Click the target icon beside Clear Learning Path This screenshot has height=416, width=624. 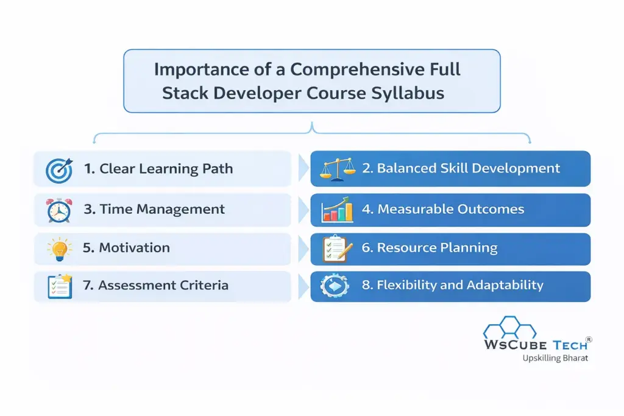59,170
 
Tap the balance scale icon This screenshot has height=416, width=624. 338,169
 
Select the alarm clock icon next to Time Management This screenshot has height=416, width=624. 59,210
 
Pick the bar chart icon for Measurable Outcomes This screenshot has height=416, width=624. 337,209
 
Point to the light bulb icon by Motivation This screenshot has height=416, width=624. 60,249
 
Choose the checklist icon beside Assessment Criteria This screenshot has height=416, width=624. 60,286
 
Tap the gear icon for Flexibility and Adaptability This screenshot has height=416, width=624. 335,286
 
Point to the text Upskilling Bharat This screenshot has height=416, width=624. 555,358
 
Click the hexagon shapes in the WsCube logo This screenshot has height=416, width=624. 510,327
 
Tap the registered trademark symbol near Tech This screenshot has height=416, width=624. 589,339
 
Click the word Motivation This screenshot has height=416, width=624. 134,248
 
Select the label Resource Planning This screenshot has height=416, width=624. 437,248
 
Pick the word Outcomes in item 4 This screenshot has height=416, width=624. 491,209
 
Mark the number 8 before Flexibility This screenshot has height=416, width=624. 366,285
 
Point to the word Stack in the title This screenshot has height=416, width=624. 185,93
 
